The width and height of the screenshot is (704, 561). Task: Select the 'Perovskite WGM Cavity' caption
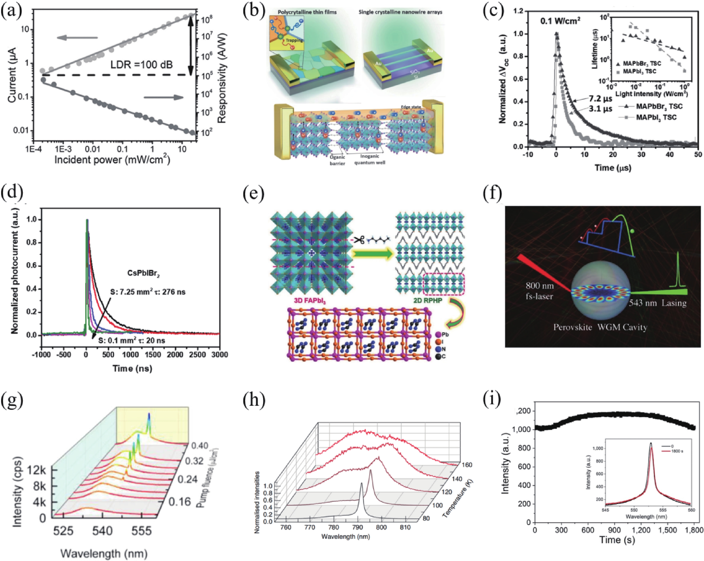[x=600, y=327]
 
